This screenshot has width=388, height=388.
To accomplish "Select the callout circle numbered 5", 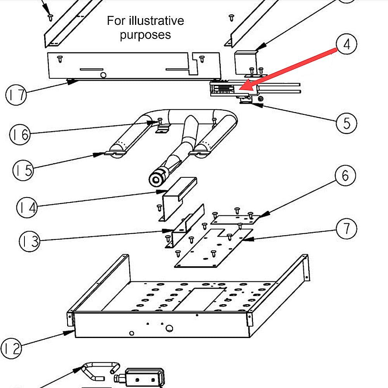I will pos(346,123).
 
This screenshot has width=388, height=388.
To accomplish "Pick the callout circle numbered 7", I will pos(345,229).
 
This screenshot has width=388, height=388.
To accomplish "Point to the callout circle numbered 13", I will pos(30,242).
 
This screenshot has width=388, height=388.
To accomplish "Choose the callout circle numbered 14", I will pos(28,207).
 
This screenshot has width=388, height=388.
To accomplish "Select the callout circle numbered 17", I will pos(16,95).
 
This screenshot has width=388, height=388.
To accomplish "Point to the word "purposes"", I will pos(145,35).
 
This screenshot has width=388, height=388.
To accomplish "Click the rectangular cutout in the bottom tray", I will pos(199,299).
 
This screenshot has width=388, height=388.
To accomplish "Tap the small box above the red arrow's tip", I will pos(246,60).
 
